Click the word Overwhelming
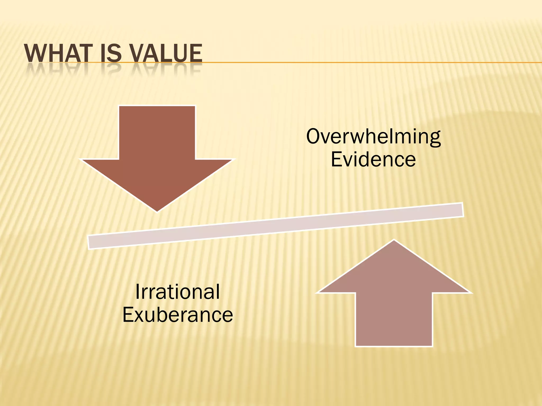point(373,137)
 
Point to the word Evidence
point(373,159)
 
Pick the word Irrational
point(177,292)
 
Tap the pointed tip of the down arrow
point(157,210)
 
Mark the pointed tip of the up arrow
point(394,241)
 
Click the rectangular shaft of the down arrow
point(157,132)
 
